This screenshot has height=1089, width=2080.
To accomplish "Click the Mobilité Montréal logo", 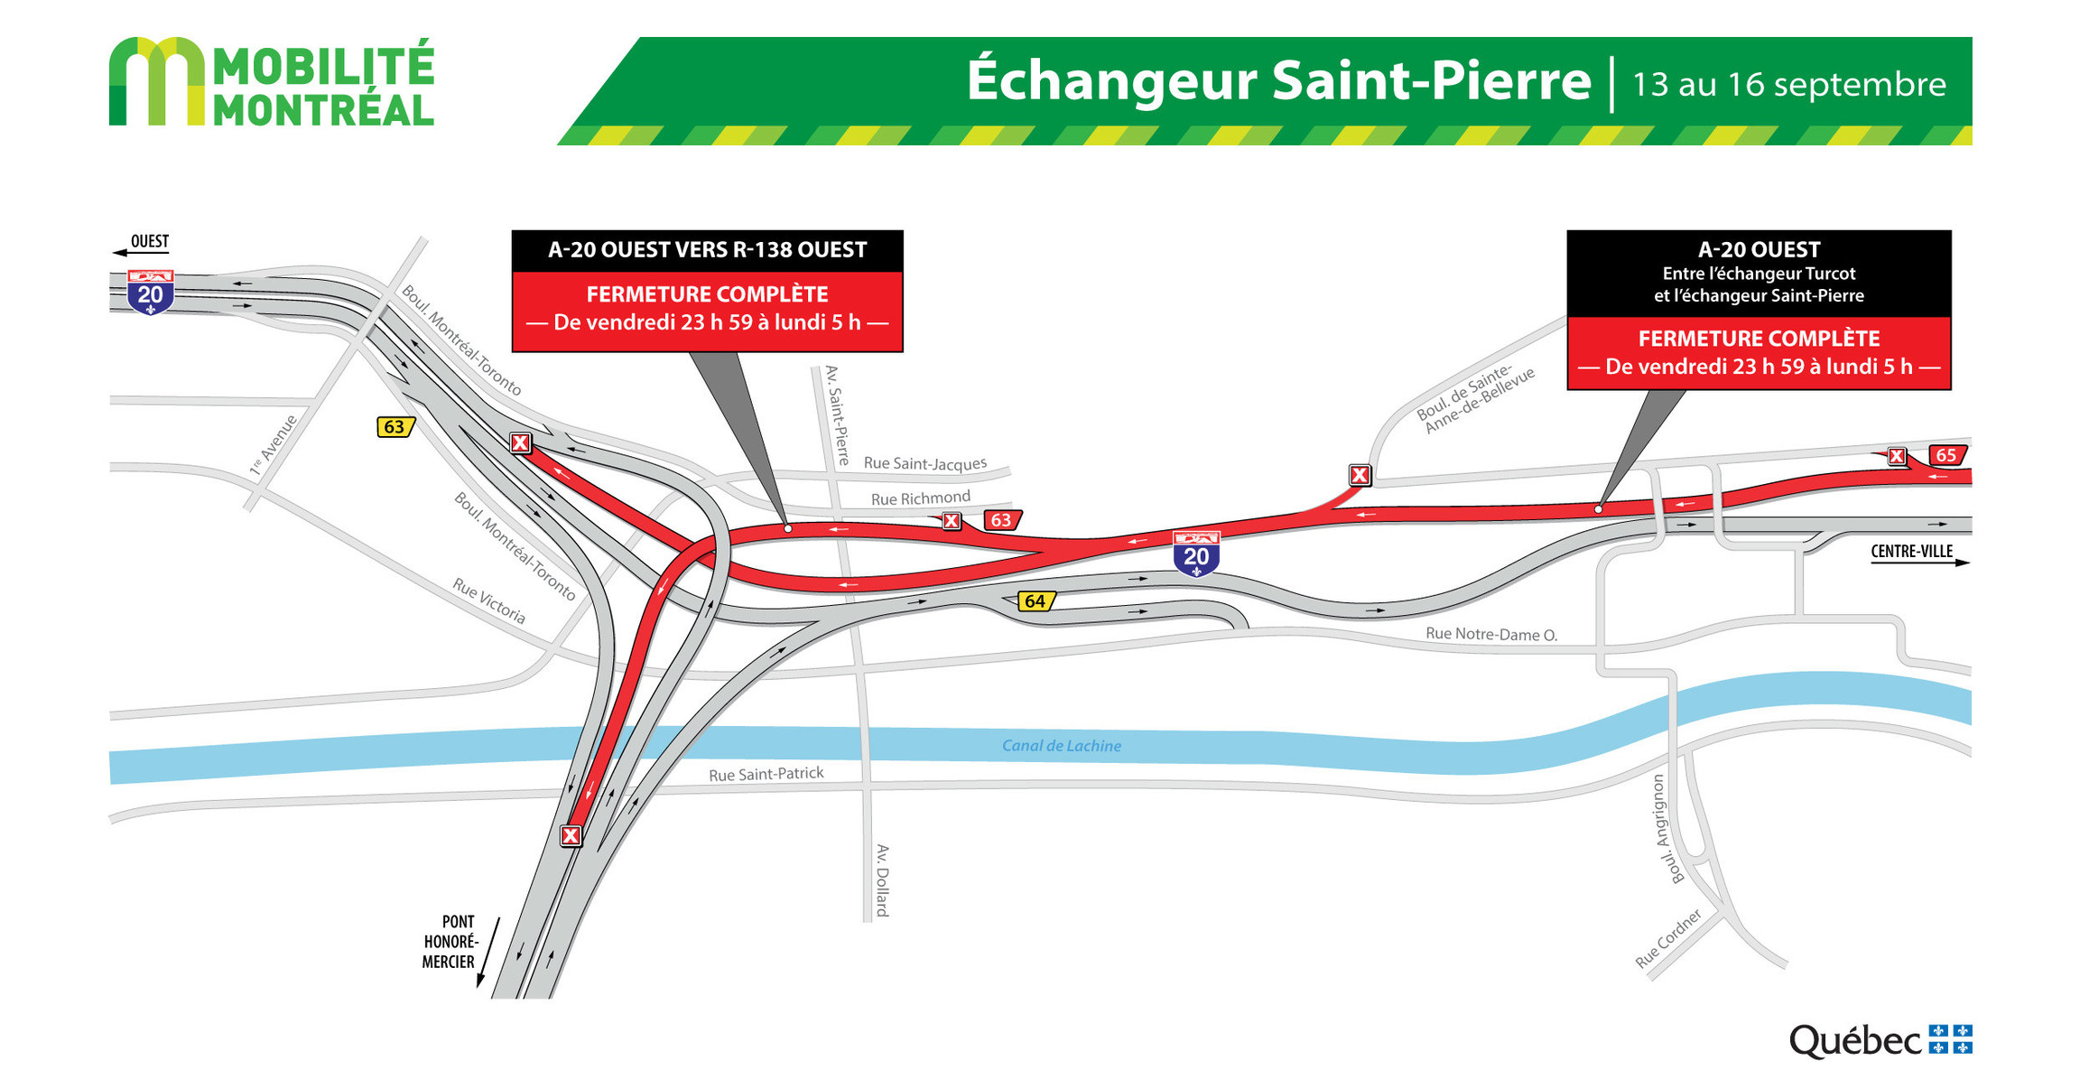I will pos(271,81).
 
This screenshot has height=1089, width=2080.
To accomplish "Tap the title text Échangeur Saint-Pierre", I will pos(1277,81).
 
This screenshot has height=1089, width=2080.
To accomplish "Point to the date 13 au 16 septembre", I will pos(1788,85).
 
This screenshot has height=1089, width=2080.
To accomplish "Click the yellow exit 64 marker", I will pos(1035,601).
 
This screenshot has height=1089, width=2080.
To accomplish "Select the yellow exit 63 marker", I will pos(395,427).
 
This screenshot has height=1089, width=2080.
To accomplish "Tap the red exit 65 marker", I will pos(1945,455).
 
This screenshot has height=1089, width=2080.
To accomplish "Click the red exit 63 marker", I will pos(1001,520).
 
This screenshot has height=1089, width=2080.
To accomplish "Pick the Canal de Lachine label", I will pos(1062,746).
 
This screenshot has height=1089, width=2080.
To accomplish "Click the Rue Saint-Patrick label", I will pos(766,774).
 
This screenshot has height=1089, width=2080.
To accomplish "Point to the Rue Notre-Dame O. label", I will pos(1491,634).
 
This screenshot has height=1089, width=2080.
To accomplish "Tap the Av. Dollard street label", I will pos(882,880).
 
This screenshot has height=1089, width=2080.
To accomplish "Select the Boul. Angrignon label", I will pos(1667,829).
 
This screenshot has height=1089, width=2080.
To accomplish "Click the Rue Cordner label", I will pos(1668,938).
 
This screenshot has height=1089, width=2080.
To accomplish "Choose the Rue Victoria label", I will pos(489,601).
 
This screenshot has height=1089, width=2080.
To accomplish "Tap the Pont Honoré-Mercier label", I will pos(450,942).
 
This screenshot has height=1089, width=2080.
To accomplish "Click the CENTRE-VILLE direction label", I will pos(1911,552).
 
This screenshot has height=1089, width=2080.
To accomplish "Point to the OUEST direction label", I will pos(150,241).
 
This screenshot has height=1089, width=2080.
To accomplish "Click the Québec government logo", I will pos(1880,1041).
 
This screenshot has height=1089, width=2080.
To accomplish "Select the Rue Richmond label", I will pos(920,498).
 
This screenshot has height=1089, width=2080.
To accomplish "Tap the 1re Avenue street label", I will pos(274,444).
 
